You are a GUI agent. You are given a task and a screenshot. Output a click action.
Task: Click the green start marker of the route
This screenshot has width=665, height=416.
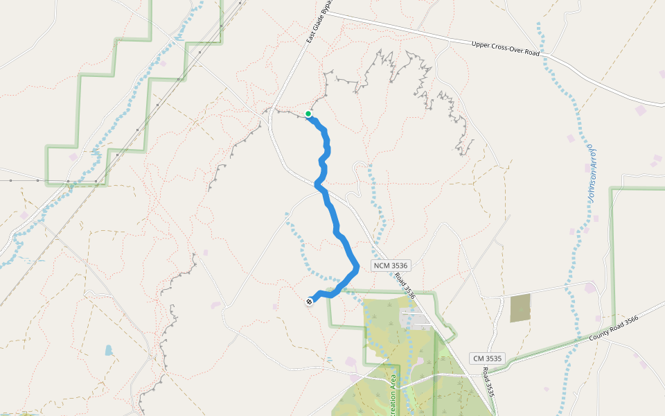308,114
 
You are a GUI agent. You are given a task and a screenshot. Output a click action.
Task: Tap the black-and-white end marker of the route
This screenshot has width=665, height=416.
309,301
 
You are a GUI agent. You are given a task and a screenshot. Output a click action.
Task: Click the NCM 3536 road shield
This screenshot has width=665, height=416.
391,266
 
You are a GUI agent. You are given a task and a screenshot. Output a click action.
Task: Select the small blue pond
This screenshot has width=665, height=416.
109,350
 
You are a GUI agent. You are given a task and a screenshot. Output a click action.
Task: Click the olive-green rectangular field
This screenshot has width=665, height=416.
520,308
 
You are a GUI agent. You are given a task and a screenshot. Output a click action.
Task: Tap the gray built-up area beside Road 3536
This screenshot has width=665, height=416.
415,320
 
